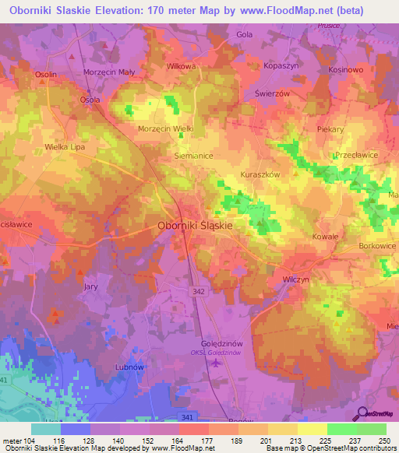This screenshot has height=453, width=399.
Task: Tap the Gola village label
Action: tap(245, 35)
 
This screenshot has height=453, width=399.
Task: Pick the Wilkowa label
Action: tap(181, 67)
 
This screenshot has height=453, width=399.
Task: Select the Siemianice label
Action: tap(192, 156)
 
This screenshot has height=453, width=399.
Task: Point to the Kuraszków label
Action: tap(260, 175)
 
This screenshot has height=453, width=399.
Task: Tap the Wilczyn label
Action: tap(296, 278)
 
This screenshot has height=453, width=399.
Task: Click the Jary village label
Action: tap(90, 286)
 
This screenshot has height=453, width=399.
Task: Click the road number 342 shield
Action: tap(200, 290)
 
